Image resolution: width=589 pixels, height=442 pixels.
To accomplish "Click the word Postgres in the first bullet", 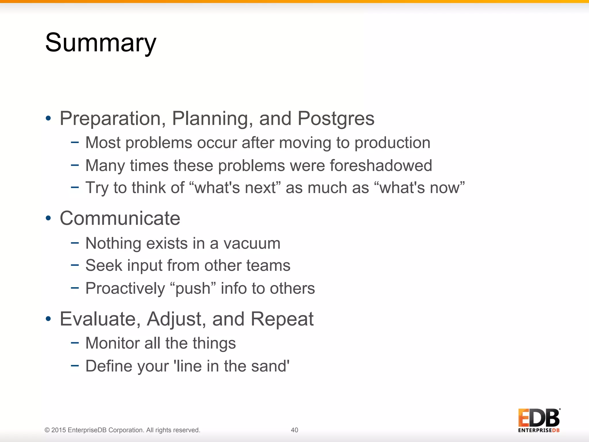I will (x=336, y=119).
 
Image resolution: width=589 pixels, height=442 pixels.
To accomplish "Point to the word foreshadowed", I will (x=381, y=165).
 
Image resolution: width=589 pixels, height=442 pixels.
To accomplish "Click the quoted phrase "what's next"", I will (x=235, y=188).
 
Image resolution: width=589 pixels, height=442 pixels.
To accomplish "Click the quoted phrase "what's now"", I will (x=420, y=188).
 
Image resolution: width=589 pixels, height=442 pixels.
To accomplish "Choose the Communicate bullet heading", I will (x=120, y=218).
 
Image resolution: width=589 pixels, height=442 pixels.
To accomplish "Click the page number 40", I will (x=294, y=430).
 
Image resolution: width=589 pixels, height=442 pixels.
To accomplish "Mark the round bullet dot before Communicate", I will (x=48, y=218).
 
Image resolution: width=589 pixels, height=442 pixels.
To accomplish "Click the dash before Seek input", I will (x=75, y=265).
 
